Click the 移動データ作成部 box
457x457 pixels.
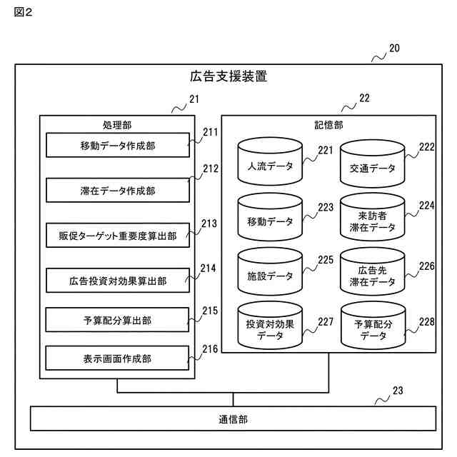pyautogui.click(x=118, y=145)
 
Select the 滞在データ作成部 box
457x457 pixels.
pyautogui.click(x=118, y=191)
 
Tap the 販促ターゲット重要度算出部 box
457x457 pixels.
pyautogui.click(x=118, y=236)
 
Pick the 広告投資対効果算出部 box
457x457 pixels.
pyautogui.click(x=118, y=281)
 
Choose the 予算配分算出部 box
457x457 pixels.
pyautogui.click(x=117, y=320)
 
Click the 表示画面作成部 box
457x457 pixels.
pyautogui.click(x=117, y=358)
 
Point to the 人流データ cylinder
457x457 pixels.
pyautogui.click(x=270, y=161)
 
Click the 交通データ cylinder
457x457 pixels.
pyautogui.click(x=373, y=164)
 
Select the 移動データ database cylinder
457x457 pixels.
pyautogui.click(x=270, y=217)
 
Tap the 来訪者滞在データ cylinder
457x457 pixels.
pyautogui.click(x=373, y=217)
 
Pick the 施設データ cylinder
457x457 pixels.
pyautogui.click(x=270, y=271)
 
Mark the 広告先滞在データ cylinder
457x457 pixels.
pyautogui.click(x=373, y=271)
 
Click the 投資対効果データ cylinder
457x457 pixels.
pyautogui.click(x=270, y=326)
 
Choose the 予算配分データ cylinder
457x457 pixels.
pyautogui.click(x=373, y=326)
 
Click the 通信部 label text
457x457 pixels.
pyautogui.click(x=233, y=420)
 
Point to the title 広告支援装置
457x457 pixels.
pyautogui.click(x=228, y=76)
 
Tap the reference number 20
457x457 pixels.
pyautogui.click(x=394, y=49)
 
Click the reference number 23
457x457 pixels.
pyautogui.click(x=398, y=391)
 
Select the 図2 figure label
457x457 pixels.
pyautogui.click(x=23, y=12)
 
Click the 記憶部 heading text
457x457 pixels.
pyautogui.click(x=328, y=126)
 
